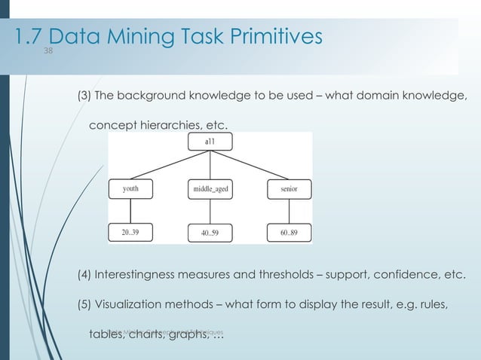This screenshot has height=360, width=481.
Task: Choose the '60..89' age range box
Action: pos(288,233)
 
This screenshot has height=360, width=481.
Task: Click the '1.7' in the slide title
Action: pos(29,35)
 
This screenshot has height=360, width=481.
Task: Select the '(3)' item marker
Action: pos(85,95)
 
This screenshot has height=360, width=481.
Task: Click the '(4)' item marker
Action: pos(85,273)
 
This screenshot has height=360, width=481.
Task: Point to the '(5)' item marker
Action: pos(85,304)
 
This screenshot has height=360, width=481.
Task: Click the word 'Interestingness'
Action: pos(139,273)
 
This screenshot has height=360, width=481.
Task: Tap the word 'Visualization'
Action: pos(133,304)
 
